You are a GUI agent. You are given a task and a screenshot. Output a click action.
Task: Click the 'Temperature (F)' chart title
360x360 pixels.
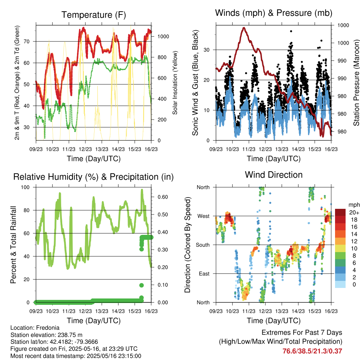94,15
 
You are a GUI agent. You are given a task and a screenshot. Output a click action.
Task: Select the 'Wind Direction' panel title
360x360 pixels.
274,175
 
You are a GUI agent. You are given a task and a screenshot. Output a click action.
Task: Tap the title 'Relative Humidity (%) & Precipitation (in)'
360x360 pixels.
94,177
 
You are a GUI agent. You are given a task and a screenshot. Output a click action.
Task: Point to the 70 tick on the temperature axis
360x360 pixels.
27,41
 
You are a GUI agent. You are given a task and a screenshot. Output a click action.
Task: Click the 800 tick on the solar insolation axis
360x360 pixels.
163,57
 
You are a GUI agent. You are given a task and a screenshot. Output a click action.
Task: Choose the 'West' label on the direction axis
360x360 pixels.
204,216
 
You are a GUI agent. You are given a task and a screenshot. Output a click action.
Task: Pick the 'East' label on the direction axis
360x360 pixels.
204,274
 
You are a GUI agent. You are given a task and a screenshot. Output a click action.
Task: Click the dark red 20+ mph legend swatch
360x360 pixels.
340,212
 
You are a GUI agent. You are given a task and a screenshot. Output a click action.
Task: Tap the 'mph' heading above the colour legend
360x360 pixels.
354,205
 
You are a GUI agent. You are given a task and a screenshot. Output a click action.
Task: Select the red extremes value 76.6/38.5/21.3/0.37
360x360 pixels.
312,351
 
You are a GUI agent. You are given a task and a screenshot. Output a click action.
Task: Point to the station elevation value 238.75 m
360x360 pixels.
69,335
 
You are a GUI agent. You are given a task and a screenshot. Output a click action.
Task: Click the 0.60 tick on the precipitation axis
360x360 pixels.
163,197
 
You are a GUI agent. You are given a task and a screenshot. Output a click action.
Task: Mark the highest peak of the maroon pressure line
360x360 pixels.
244,28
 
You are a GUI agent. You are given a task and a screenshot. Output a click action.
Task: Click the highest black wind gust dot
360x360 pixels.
291,31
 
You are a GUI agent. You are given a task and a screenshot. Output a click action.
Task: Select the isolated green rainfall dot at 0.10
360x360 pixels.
141,285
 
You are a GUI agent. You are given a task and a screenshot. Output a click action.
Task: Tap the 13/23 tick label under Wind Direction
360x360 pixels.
282,311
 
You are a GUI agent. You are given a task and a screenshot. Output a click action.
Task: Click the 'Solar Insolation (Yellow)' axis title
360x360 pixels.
175,83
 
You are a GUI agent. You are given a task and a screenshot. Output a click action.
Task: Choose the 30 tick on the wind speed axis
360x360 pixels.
207,50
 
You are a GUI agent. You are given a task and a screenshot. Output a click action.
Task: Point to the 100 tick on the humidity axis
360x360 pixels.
25,187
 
